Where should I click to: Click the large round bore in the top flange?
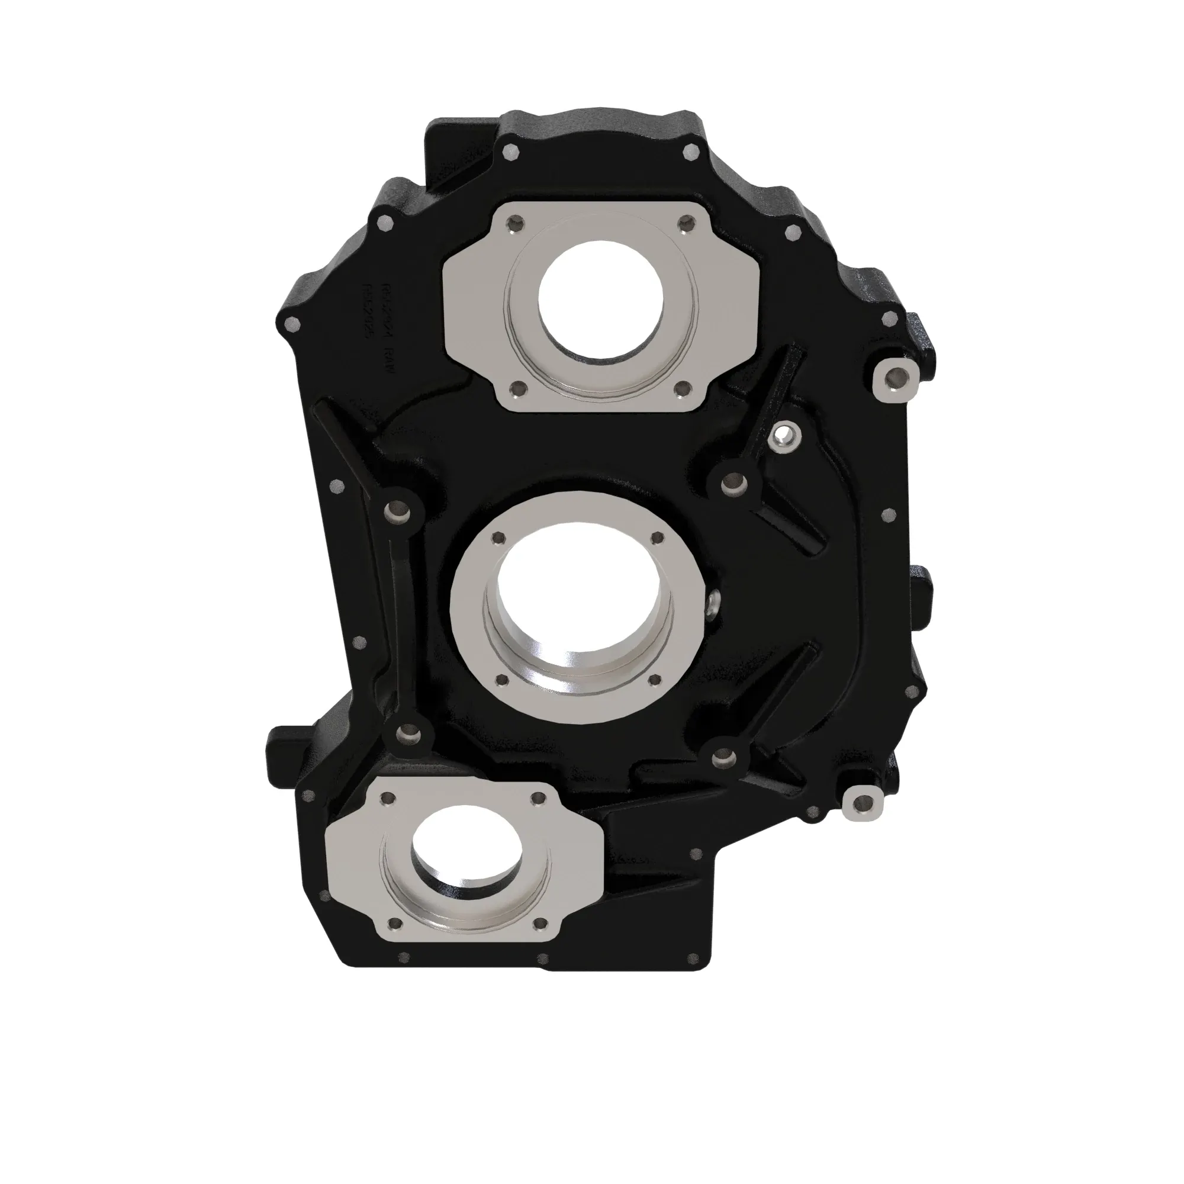click(600, 300)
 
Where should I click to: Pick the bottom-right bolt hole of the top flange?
click(683, 388)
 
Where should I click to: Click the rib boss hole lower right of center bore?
click(719, 760)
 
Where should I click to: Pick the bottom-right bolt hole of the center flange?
click(651, 679)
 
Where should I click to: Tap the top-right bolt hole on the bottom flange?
click(539, 797)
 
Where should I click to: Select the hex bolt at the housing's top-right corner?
click(693, 152)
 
